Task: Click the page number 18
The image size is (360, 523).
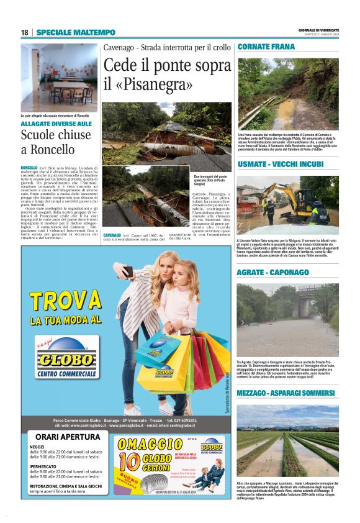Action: pyautogui.click(x=24, y=32)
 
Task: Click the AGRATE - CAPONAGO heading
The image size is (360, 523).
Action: pyautogui.click(x=272, y=273)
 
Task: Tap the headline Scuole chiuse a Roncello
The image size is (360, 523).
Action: pyautogui.click(x=56, y=142)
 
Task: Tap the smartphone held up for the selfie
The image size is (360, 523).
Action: pyautogui.click(x=128, y=271)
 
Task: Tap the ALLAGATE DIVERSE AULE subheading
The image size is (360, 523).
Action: pyautogui.click(x=56, y=124)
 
